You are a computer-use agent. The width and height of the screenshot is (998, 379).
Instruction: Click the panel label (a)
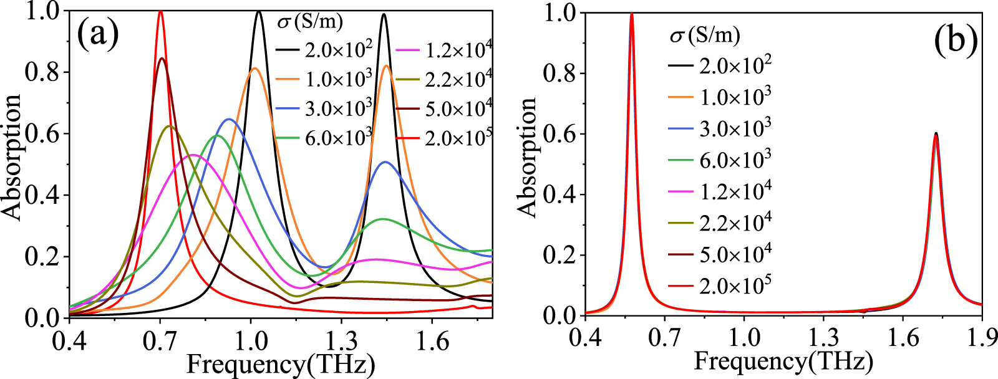(98, 35)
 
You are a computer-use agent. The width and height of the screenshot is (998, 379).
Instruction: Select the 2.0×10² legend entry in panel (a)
(324, 49)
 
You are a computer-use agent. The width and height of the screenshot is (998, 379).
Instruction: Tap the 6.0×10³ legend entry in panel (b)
(720, 160)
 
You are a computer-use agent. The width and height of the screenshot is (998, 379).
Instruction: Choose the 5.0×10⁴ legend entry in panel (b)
(720, 253)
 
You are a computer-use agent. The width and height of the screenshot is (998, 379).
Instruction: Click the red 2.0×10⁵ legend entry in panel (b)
(720, 285)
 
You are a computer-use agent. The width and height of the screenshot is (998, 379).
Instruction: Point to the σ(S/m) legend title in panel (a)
(309, 22)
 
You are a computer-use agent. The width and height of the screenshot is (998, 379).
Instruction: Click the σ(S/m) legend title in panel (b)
(705, 35)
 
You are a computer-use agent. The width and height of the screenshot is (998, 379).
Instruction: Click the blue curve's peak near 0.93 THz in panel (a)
(229, 119)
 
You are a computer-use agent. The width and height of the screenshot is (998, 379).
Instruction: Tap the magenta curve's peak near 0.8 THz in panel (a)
(193, 155)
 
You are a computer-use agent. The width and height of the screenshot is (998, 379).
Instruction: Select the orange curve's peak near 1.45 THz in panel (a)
(386, 65)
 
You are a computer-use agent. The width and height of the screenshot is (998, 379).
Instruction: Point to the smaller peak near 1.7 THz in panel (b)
(936, 133)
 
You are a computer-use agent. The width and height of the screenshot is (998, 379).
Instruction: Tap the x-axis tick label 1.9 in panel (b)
(982, 339)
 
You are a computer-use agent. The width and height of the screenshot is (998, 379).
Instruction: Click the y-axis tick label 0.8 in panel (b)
(560, 73)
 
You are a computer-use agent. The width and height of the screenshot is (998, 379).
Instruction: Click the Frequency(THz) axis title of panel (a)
(280, 365)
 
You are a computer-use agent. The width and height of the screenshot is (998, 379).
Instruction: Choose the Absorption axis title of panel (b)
(528, 157)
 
